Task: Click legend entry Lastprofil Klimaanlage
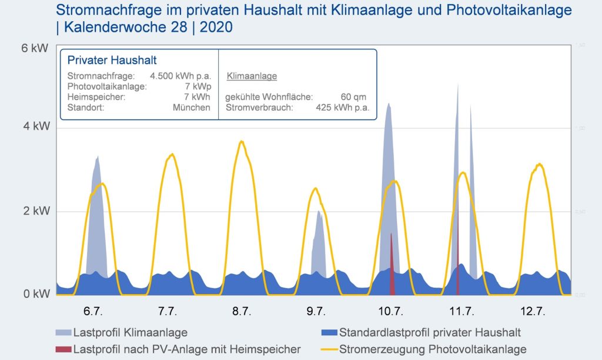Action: pos(131,333)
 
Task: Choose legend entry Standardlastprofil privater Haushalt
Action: pos(430,333)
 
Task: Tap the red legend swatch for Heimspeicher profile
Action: pos(63,349)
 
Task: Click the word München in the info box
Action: pos(192,108)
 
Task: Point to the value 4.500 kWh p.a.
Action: pos(180,76)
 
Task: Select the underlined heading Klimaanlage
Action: pos(252,76)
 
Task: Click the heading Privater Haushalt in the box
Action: pos(112,61)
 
